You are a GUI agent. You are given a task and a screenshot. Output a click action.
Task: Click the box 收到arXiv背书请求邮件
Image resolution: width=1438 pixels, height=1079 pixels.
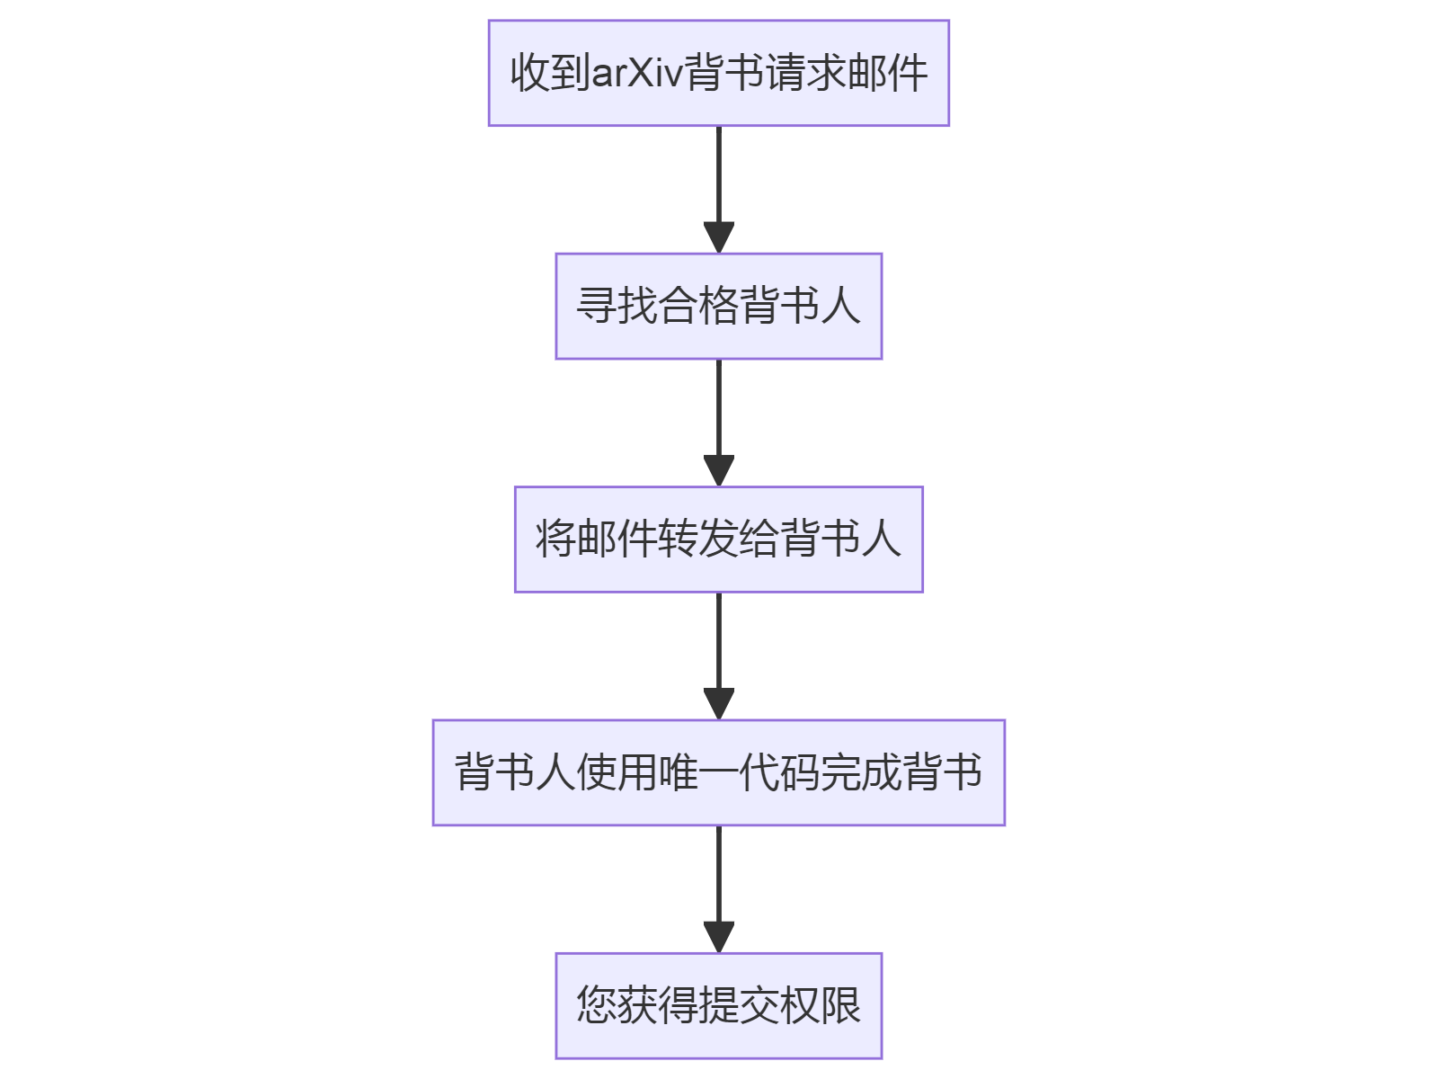coord(718,73)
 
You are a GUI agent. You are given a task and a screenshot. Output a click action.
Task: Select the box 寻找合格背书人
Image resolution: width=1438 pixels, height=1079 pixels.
coord(718,306)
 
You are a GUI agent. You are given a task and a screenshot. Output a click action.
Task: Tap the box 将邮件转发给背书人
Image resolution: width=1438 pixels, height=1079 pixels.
coord(718,539)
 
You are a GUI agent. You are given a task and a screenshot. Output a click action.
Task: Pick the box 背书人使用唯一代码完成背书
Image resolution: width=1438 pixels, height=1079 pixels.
coord(718,772)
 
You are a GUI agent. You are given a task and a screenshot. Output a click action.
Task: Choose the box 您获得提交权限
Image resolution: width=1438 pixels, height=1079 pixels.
coord(718,1005)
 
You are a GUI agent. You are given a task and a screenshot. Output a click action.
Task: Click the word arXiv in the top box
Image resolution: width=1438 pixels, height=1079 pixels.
coord(637,73)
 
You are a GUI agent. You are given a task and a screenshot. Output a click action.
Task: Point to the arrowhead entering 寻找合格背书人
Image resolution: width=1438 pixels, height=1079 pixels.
coord(718,238)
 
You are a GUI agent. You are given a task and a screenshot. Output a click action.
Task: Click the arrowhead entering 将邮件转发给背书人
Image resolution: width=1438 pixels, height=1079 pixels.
coord(718,471)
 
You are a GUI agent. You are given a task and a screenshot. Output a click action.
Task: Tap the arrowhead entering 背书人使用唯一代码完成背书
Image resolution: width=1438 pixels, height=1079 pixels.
coord(718,704)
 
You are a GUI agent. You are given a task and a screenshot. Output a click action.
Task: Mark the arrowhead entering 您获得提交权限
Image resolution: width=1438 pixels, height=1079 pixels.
coord(718,938)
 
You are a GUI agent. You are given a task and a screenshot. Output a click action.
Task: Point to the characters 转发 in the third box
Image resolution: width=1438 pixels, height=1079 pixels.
coord(697,539)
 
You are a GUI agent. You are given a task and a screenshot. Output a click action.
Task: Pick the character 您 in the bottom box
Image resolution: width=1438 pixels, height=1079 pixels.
coord(597,1005)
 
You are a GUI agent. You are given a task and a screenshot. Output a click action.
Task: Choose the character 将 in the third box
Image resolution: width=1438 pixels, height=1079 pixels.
coord(555,539)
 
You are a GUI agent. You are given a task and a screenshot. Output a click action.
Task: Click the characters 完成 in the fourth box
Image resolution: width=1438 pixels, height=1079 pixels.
coord(861,772)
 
